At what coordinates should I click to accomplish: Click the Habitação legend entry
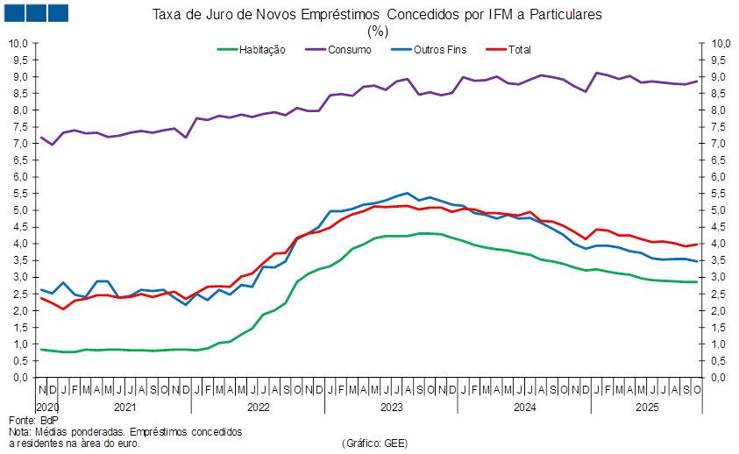click(x=262, y=50)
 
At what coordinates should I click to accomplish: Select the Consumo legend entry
click(x=349, y=50)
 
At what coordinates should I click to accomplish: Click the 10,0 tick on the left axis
click(x=20, y=43)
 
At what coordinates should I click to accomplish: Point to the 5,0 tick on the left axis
click(x=22, y=210)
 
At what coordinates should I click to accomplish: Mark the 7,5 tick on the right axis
click(x=719, y=126)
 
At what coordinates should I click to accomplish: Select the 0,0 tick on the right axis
click(x=719, y=378)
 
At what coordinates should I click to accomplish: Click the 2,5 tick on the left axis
click(x=22, y=294)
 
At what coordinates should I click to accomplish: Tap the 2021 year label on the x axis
click(x=124, y=408)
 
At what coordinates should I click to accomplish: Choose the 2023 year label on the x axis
click(x=390, y=408)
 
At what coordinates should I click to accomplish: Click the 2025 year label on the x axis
click(x=647, y=408)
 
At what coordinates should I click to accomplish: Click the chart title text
click(x=377, y=15)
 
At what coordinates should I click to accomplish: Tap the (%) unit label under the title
click(x=377, y=30)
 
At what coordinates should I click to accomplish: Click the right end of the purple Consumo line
click(x=698, y=81)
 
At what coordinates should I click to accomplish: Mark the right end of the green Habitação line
click(x=698, y=281)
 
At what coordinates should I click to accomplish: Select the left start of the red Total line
click(x=41, y=298)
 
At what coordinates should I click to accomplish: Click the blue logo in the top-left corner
click(x=35, y=12)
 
